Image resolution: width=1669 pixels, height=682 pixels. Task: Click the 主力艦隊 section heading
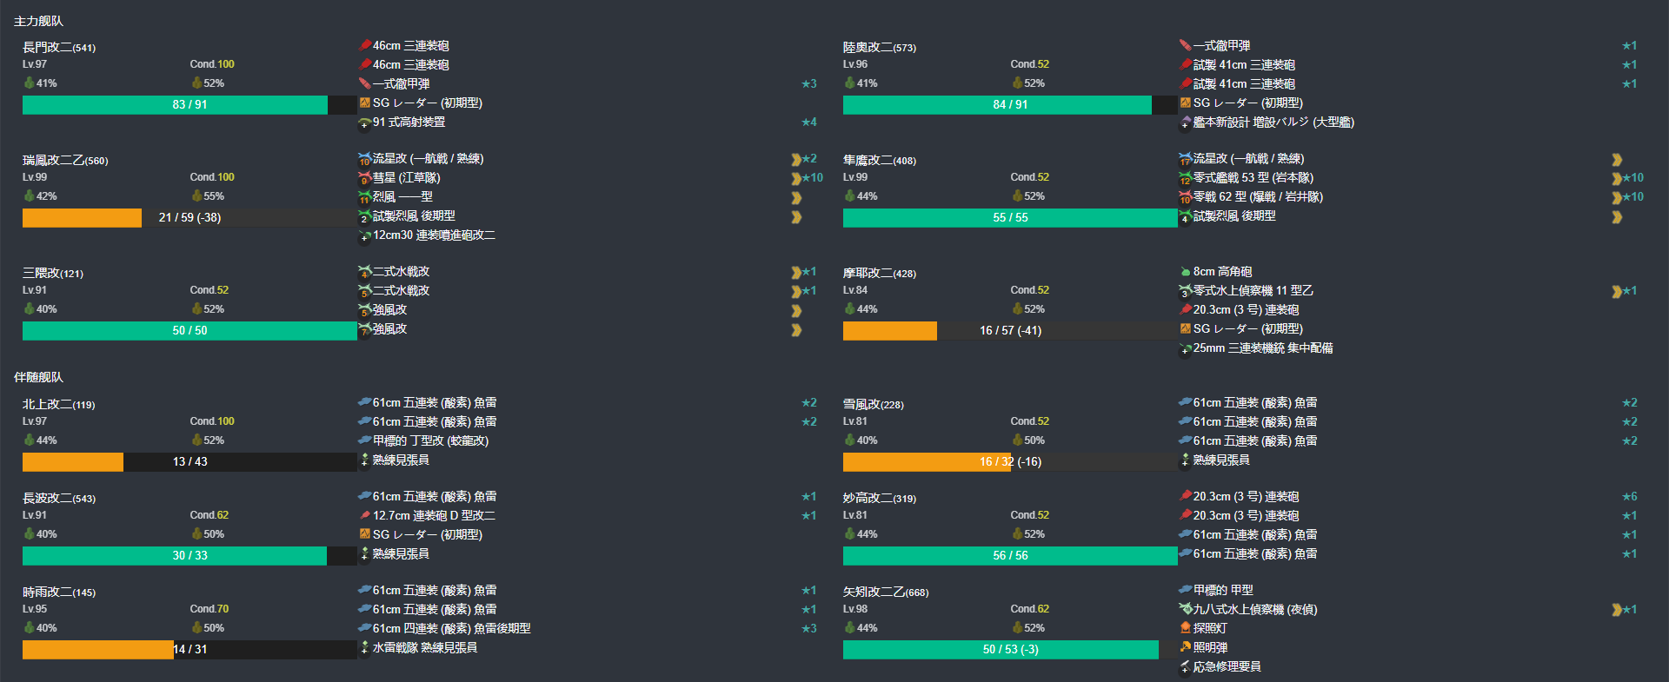38,21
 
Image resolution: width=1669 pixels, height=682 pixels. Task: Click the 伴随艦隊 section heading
38,377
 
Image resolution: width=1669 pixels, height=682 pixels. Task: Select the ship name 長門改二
47,47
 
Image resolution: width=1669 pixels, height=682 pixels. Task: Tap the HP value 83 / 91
190,104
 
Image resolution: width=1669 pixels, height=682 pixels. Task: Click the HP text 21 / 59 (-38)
190,217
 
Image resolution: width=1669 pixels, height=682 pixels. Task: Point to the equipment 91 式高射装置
409,122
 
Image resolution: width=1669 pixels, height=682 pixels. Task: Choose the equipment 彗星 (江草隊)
406,178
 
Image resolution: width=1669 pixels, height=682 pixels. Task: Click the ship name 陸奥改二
868,47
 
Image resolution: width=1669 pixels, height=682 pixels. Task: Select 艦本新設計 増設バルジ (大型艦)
1273,122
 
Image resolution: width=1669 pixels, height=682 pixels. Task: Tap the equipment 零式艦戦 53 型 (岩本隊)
1253,178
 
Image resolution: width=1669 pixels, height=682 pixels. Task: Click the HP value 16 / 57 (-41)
1010,330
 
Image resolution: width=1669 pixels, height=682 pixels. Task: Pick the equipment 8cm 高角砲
1222,272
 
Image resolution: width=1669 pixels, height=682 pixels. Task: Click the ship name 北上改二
47,404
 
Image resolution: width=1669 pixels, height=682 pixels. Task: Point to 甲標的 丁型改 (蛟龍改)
430,441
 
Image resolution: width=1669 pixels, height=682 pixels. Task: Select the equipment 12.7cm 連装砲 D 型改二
434,516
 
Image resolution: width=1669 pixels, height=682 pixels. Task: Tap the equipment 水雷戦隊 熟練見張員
424,648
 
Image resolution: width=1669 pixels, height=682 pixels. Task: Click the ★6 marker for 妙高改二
1629,497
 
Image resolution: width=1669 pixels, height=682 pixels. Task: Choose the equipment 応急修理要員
1227,667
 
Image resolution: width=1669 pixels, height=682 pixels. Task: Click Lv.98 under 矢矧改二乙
855,609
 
